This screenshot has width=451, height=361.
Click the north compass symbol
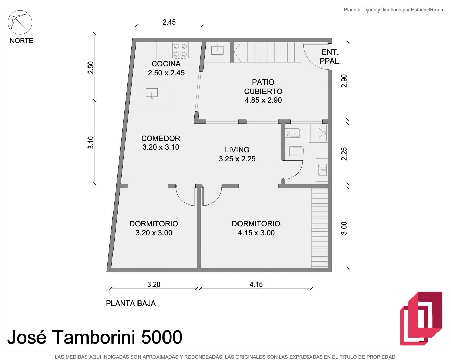[20, 22]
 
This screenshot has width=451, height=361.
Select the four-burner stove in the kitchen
[180, 50]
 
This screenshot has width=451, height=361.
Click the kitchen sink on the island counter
[152, 93]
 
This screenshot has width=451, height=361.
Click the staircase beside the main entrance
[268, 52]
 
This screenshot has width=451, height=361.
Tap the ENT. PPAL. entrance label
[330, 57]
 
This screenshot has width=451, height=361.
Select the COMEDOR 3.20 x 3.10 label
[161, 143]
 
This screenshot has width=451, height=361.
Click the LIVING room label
[237, 154]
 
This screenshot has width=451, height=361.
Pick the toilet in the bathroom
[294, 151]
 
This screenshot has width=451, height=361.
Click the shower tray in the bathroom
[318, 133]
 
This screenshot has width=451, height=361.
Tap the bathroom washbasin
[322, 170]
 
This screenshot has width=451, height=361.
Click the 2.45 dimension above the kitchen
[169, 22]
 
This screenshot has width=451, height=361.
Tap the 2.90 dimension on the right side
[344, 81]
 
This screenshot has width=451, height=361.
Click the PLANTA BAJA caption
[131, 303]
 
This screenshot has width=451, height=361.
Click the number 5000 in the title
[161, 337]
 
